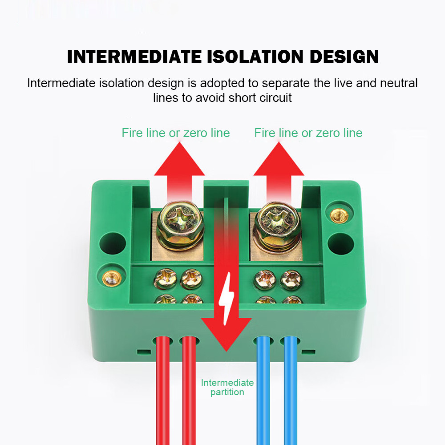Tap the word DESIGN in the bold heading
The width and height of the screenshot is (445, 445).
coord(344,57)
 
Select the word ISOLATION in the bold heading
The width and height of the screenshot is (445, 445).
coord(256,57)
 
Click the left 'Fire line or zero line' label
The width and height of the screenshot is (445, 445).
coord(176,133)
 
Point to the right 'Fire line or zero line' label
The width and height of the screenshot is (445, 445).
coord(308,133)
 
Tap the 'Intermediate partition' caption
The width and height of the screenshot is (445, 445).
coord(227,387)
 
